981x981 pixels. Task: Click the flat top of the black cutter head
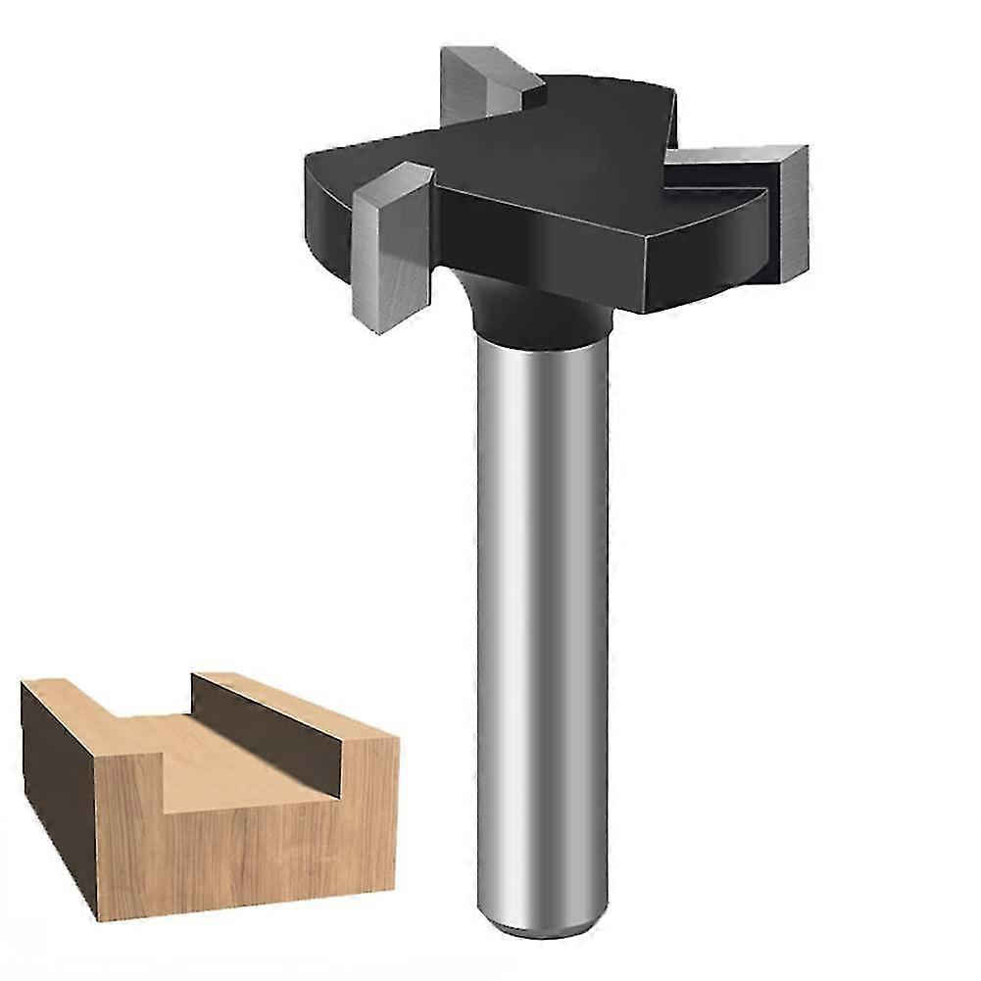pyautogui.click(x=549, y=157)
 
